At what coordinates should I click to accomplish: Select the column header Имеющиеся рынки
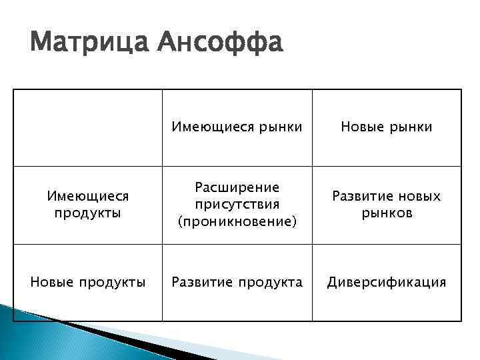click(237, 126)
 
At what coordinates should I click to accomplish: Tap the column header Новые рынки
click(386, 126)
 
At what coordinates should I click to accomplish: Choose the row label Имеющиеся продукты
click(88, 204)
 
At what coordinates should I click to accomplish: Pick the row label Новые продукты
click(88, 282)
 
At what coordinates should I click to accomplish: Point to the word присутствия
click(237, 203)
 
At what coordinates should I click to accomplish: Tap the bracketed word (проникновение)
click(237, 221)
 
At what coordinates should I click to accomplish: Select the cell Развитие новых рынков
click(386, 205)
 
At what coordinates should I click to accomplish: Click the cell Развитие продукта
click(237, 282)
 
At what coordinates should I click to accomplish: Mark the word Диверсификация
click(386, 282)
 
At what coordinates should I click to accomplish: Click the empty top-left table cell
click(88, 127)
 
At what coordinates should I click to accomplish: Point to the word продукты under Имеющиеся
click(88, 213)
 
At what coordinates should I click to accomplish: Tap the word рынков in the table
click(387, 213)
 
